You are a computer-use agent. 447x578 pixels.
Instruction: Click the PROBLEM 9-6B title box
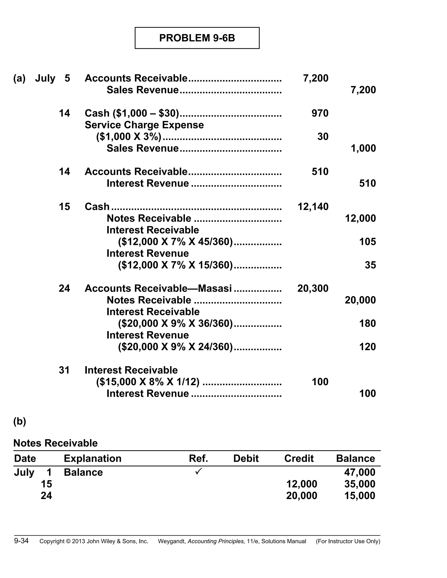click(x=197, y=38)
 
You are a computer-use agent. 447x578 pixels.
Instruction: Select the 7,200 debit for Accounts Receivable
click(x=315, y=78)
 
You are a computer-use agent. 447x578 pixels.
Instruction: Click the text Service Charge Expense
click(x=144, y=125)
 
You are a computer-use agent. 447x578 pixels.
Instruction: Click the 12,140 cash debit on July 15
click(x=313, y=207)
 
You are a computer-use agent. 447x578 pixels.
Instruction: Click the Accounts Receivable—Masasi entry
click(x=158, y=289)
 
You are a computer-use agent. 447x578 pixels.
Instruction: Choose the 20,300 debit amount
click(x=313, y=289)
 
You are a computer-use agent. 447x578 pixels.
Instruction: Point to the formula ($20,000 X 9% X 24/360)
click(x=175, y=347)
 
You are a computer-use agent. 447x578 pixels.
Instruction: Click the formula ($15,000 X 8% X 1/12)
click(x=148, y=382)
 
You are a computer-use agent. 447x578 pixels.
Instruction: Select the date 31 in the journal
click(x=64, y=370)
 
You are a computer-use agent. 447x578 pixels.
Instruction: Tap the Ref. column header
click(x=198, y=458)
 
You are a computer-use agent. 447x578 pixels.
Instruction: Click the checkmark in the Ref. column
click(x=199, y=471)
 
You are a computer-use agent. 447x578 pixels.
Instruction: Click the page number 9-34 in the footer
click(x=21, y=541)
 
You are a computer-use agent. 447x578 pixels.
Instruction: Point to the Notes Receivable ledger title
click(x=55, y=443)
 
